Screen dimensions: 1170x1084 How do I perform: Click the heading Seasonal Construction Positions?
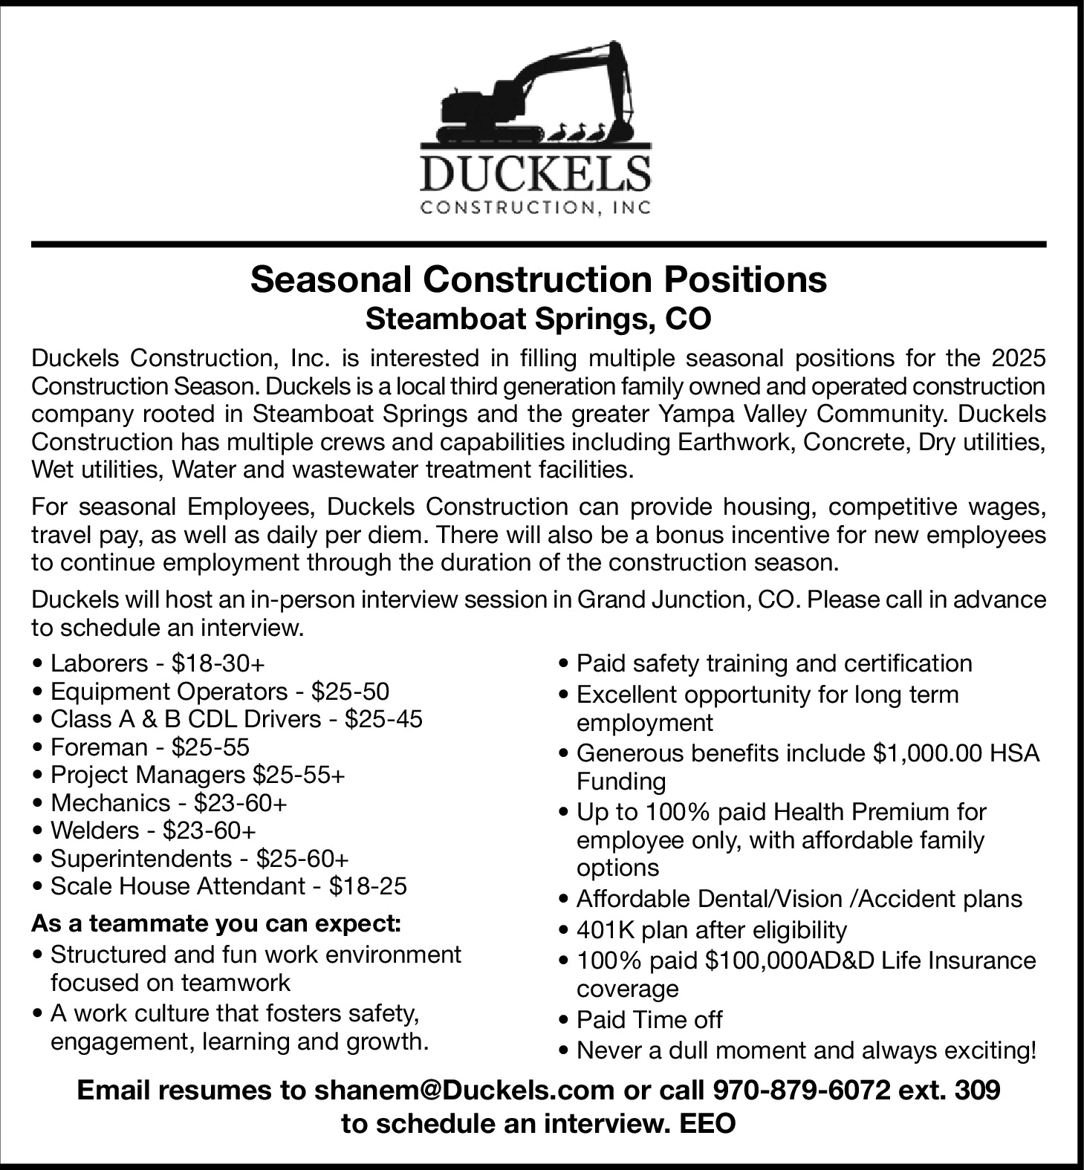click(538, 280)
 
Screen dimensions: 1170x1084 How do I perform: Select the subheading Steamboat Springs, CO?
click(538, 319)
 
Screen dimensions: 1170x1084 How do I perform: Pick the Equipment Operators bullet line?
click(219, 692)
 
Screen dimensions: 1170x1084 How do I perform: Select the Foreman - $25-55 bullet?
click(149, 747)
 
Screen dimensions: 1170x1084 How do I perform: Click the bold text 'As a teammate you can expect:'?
click(216, 925)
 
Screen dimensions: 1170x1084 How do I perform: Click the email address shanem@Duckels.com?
click(464, 1091)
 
